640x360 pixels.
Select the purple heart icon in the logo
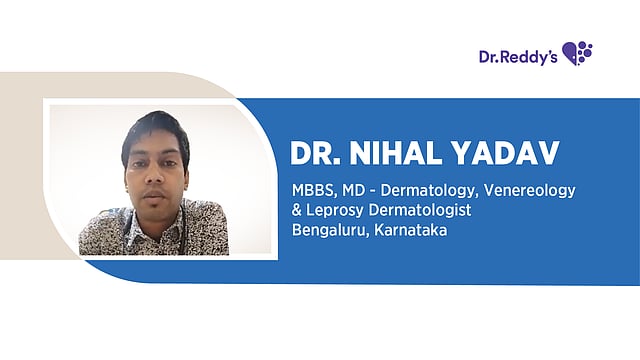click(577, 52)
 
